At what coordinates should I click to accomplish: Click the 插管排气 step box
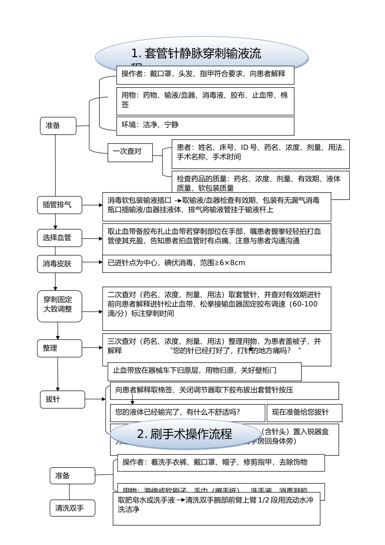[60, 205]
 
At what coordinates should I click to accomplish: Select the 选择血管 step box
[60, 238]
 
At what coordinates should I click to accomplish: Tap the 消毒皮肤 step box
[60, 264]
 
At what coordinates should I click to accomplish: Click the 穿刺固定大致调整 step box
[60, 306]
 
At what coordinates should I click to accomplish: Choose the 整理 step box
[60, 348]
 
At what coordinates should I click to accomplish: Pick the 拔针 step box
[62, 399]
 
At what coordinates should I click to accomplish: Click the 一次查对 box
[130, 152]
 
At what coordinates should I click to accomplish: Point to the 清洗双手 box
[72, 508]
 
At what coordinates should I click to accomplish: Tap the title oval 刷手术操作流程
[184, 434]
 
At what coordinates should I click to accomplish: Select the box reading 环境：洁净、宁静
[205, 126]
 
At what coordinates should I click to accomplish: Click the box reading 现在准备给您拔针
[304, 413]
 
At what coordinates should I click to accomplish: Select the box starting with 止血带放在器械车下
[205, 371]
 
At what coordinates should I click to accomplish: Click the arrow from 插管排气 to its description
[92, 205]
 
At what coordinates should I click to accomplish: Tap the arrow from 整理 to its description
[92, 348]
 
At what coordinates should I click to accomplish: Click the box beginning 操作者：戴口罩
[205, 75]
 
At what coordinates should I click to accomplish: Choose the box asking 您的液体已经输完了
[187, 413]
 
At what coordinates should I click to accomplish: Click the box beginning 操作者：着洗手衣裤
[221, 463]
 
